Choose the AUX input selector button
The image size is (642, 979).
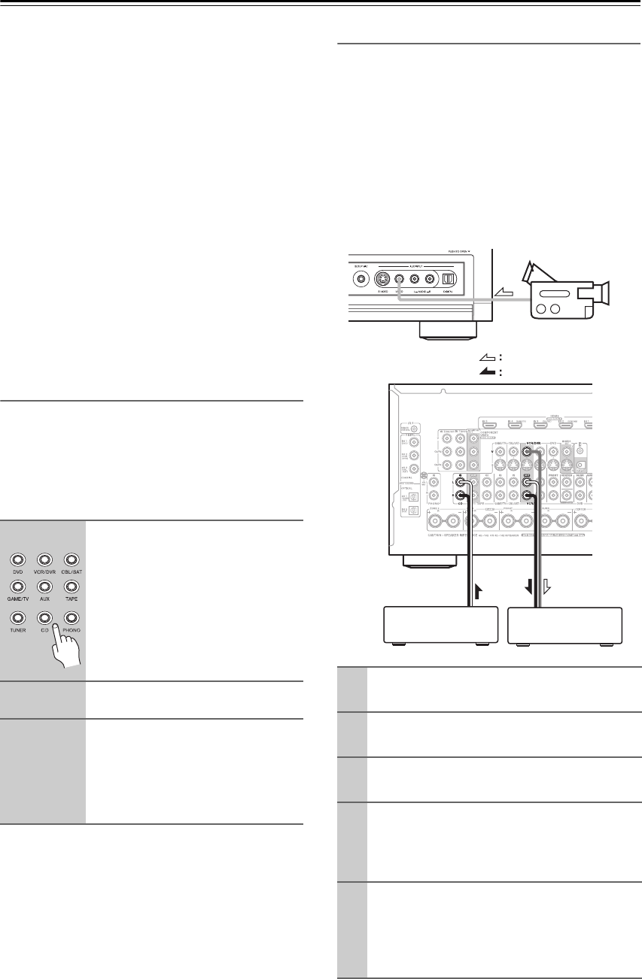pos(44,586)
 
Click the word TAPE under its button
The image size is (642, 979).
pos(71,599)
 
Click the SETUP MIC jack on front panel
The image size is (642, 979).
pos(362,277)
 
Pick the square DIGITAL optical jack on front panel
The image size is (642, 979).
pos(448,277)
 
